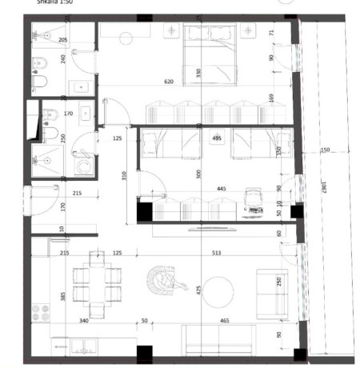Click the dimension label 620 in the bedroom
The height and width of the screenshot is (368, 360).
pos(168,82)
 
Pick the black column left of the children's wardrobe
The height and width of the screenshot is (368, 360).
pos(143,212)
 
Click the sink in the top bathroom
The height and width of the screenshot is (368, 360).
pos(81,87)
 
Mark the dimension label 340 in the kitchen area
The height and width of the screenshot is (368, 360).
pos(83,322)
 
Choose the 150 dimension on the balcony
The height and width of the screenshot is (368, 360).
pos(325,150)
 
